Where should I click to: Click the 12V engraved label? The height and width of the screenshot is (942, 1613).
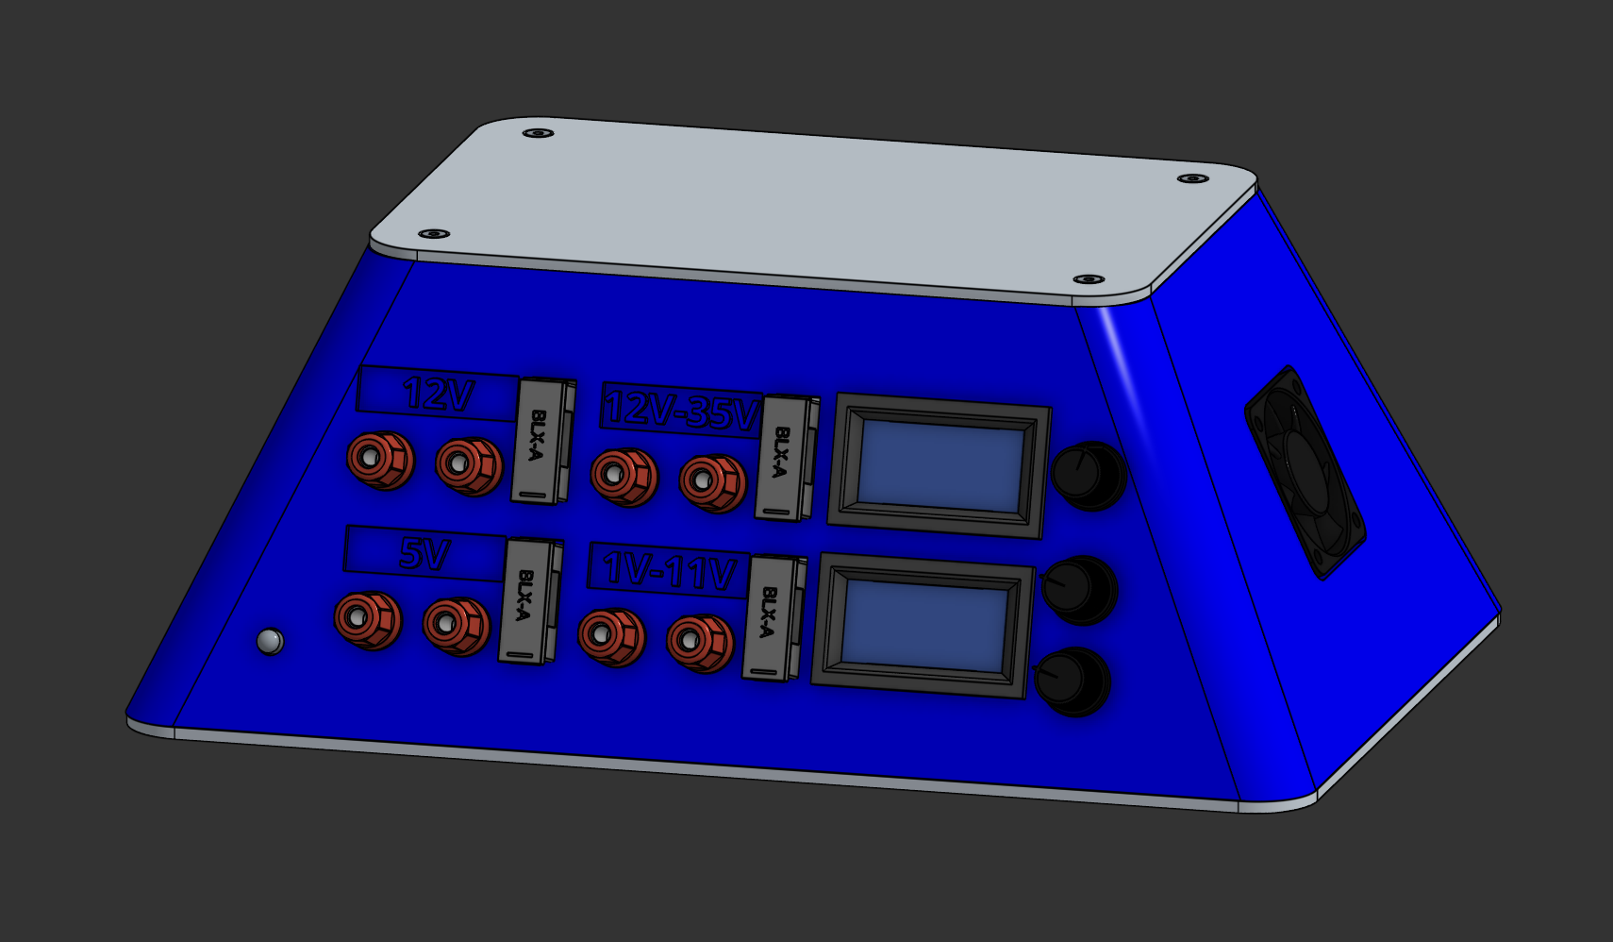pos(437,393)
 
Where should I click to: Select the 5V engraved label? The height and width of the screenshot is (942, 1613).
pos(424,553)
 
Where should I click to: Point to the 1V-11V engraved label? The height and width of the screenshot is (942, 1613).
pos(669,570)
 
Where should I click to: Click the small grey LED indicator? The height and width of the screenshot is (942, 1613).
pos(270,642)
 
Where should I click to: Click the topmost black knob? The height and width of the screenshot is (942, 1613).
pos(1087,475)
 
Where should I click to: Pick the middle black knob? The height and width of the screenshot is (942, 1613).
pos(1078,590)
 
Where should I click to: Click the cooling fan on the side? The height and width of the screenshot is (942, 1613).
pos(1305,472)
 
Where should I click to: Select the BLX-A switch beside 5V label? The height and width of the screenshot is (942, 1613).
pos(526,600)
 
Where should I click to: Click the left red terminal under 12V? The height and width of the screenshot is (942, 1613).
pos(378,459)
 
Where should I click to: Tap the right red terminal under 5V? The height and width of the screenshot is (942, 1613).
pos(455,624)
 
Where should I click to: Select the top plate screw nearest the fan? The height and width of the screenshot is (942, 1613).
pos(1192,178)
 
